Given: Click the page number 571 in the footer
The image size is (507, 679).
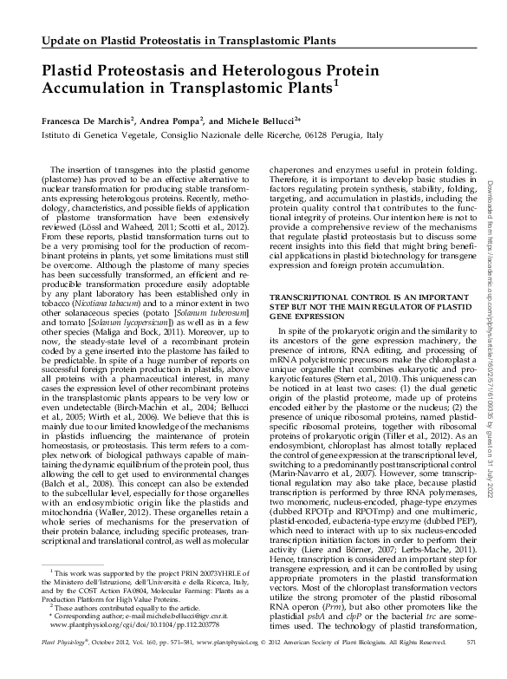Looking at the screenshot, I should (x=471, y=664).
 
